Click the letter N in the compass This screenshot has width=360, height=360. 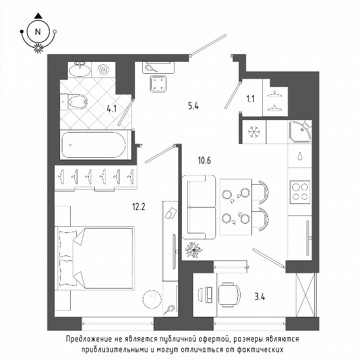click(x=38, y=31)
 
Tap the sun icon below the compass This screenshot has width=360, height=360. click(x=38, y=48)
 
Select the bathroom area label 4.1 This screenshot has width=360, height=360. click(x=112, y=109)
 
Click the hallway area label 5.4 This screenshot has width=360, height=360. click(x=194, y=106)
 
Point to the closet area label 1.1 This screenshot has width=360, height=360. click(x=250, y=99)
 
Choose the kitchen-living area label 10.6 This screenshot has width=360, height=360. click(x=205, y=160)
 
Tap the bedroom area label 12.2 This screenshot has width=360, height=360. click(x=139, y=207)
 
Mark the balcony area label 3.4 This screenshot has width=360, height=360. click(x=260, y=297)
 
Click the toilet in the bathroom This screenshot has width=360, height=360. click(x=74, y=101)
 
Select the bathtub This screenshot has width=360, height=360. click(x=94, y=145)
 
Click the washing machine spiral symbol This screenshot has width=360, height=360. click(x=103, y=69)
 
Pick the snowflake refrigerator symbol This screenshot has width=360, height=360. click(x=254, y=132)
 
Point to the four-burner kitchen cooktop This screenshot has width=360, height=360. click(x=300, y=192)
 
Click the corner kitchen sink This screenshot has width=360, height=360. click(x=300, y=131)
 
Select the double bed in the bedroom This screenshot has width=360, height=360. click(x=95, y=258)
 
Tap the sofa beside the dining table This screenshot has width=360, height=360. click(x=199, y=208)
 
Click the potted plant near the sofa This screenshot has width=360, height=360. click(x=194, y=250)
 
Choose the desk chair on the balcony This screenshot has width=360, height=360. click(x=229, y=295)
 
